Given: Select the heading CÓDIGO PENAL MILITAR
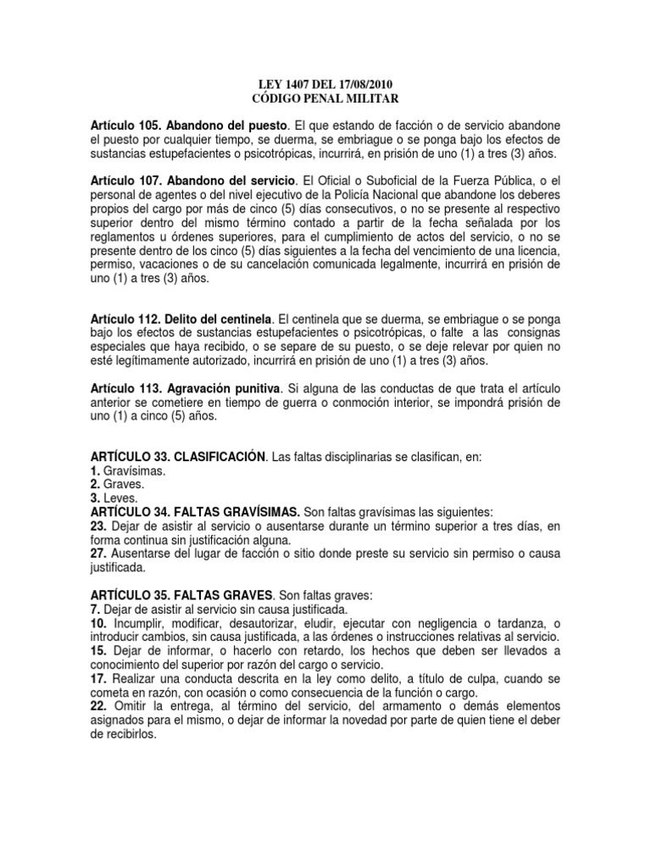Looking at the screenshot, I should pyautogui.click(x=325, y=98).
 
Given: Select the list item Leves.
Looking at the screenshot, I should pyautogui.click(x=119, y=498).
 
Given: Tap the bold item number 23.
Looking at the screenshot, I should pyautogui.click(x=97, y=526).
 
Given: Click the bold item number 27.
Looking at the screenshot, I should pyautogui.click(x=97, y=553).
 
